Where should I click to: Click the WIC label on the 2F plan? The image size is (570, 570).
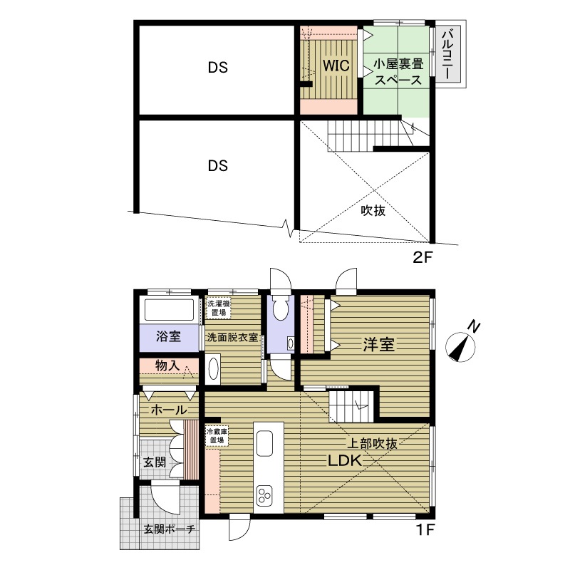tap(336, 66)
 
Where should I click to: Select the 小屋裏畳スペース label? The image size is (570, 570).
tap(398, 72)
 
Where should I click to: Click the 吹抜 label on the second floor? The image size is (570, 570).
tap(373, 210)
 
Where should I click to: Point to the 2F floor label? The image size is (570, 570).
tap(422, 257)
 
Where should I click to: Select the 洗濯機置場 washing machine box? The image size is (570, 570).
tap(219, 308)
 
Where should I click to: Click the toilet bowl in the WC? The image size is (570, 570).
tap(280, 309)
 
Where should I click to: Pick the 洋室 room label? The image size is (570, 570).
tap(379, 344)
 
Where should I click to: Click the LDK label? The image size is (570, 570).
tap(345, 460)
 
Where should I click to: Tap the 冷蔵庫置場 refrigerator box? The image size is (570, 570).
tap(217, 435)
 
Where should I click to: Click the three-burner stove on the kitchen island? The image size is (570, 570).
tap(264, 495)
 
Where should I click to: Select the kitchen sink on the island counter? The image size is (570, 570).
tap(264, 443)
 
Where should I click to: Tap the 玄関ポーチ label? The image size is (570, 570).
tap(170, 529)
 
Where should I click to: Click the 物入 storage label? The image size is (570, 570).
tap(167, 366)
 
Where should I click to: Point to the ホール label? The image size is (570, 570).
tap(169, 410)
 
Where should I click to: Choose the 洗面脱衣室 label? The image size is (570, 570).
tap(232, 337)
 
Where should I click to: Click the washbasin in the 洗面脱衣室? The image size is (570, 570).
tap(213, 369)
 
